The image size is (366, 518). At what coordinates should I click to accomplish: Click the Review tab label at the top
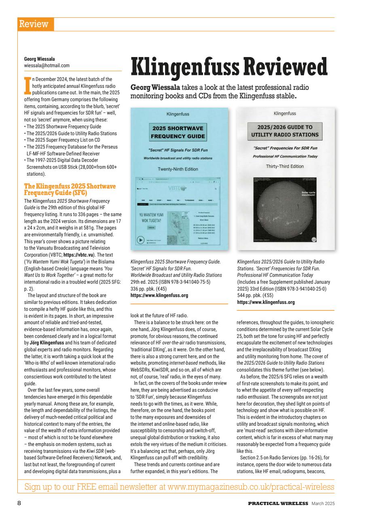pyautogui.click(x=36, y=24)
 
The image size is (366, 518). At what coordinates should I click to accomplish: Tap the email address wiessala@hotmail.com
pyautogui.click(x=47, y=65)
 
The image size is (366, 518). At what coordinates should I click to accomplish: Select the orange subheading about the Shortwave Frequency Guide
pyautogui.click(x=70, y=189)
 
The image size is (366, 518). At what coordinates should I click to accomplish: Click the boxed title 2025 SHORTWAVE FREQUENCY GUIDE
pyautogui.click(x=178, y=132)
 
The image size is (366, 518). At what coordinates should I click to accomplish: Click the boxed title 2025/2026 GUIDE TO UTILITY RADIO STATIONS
pyautogui.click(x=285, y=131)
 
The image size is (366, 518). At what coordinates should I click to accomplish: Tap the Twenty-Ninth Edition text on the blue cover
pyautogui.click(x=178, y=169)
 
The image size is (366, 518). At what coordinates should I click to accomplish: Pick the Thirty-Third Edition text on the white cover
pyautogui.click(x=285, y=166)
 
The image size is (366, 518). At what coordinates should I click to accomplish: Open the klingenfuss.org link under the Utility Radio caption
pyautogui.click(x=265, y=302)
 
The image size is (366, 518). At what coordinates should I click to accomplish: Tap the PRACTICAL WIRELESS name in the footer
pyautogui.click(x=279, y=503)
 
